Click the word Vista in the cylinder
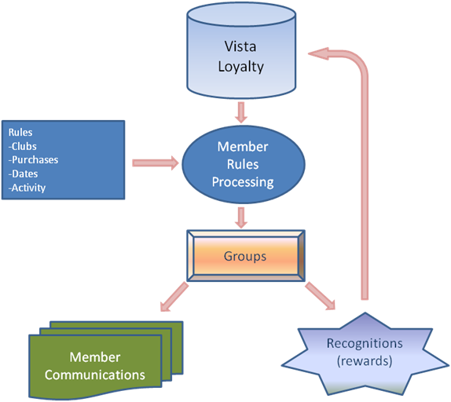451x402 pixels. (x=240, y=46)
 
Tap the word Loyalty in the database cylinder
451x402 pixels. (x=240, y=67)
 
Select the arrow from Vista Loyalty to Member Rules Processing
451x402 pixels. (x=241, y=112)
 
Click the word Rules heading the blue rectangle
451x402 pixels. (x=20, y=133)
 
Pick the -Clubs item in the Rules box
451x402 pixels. (x=23, y=147)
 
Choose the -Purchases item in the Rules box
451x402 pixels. (x=33, y=159)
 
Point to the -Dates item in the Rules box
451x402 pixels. (x=23, y=174)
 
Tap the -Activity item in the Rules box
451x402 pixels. (x=27, y=188)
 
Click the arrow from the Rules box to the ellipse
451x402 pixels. (x=156, y=163)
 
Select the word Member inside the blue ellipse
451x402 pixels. (x=243, y=147)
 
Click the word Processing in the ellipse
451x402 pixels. (x=243, y=182)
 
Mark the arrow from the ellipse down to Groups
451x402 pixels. (x=241, y=217)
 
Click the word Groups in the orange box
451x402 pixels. (x=245, y=256)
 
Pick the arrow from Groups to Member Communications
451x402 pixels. (x=174, y=297)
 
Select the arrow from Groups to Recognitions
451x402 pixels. (x=320, y=296)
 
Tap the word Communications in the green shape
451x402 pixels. (x=94, y=375)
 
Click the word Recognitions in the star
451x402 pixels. (x=365, y=344)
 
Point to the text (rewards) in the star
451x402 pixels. (x=365, y=361)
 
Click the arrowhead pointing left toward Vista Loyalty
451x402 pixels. (x=318, y=53)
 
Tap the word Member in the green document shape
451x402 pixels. (x=95, y=357)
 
